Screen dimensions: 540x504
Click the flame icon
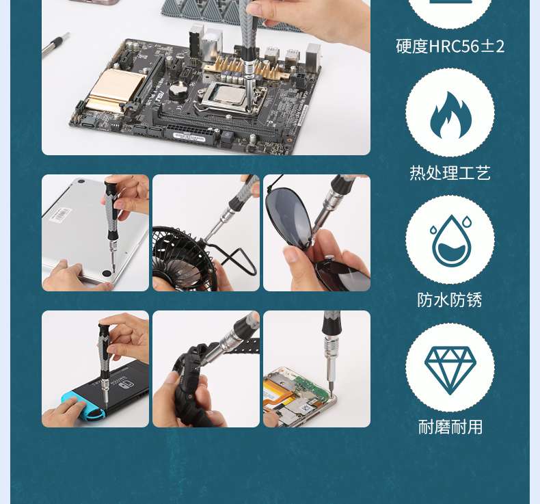tap(450, 115)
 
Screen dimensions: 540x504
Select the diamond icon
tap(450, 371)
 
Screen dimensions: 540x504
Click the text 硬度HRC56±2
tap(450, 47)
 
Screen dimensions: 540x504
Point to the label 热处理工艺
tap(450, 173)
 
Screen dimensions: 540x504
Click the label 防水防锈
tap(450, 300)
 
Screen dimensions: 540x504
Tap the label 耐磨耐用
tap(450, 427)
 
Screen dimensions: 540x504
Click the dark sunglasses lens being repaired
tap(289, 215)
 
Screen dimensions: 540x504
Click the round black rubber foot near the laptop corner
tap(107, 273)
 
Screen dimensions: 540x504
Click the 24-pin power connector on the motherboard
tap(189, 133)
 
